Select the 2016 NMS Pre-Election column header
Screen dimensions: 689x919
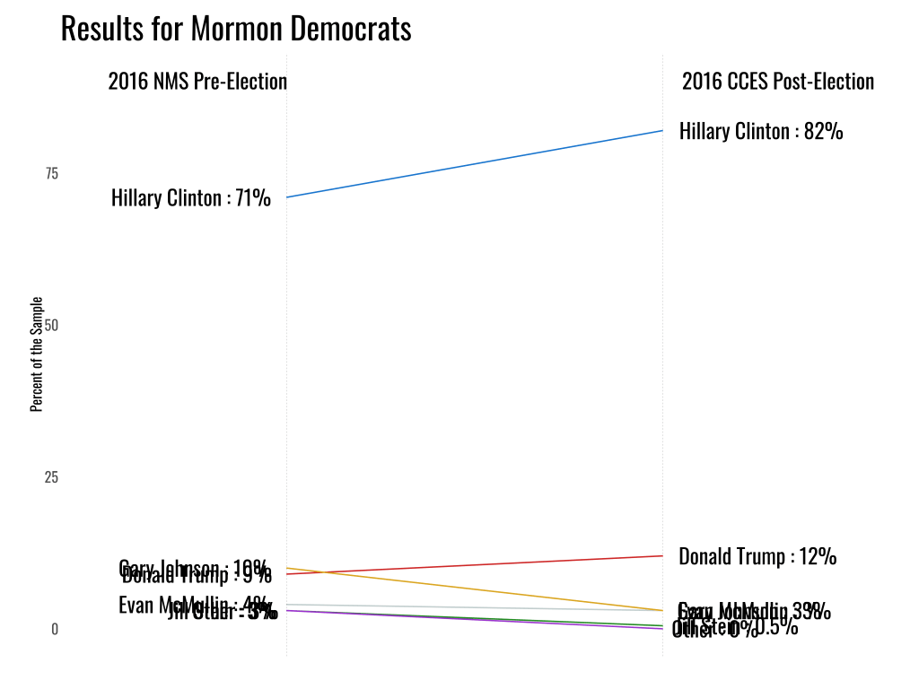197,82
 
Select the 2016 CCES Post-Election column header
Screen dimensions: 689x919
777,82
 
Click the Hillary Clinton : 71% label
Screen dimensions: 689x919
191,198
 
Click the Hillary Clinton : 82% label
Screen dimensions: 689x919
761,132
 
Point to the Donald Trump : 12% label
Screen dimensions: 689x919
757,557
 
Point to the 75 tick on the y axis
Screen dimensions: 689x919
51,174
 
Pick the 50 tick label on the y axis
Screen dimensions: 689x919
51,326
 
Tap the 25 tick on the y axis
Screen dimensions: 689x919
51,477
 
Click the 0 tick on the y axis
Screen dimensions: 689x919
54,630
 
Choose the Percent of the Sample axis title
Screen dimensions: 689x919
37,353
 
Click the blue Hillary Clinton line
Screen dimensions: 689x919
474,164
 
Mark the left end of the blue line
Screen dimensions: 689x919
287,197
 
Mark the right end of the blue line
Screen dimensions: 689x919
662,131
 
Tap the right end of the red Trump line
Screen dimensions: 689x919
662,555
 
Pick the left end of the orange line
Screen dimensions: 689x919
287,568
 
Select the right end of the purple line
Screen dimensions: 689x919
662,629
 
